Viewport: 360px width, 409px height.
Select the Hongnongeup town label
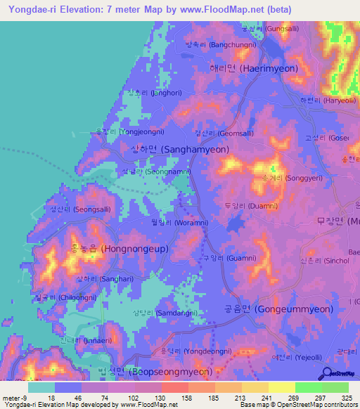coord(104,249)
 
